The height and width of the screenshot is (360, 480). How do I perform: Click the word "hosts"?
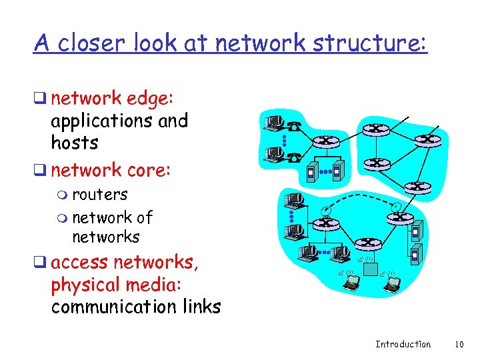[x=74, y=143]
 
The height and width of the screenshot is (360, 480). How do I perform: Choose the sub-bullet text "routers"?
[x=99, y=195]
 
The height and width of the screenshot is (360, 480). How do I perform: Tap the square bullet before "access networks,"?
[x=41, y=263]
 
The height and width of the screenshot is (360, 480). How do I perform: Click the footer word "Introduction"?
[x=403, y=344]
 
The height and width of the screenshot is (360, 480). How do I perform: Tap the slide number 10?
[x=458, y=344]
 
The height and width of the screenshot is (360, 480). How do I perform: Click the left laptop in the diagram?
[x=350, y=282]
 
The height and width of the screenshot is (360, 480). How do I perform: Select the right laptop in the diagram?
[x=392, y=283]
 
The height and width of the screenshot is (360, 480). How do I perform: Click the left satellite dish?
[x=323, y=212]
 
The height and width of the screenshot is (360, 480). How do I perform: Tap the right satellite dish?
[x=396, y=206]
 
